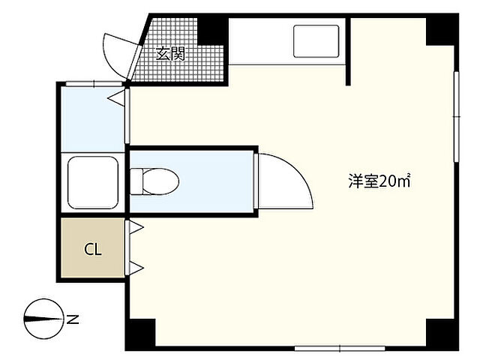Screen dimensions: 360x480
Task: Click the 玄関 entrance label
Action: click(170, 53)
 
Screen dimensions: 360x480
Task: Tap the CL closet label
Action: click(93, 249)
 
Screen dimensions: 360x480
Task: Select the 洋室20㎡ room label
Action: click(377, 181)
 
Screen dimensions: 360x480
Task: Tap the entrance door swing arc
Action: click(117, 51)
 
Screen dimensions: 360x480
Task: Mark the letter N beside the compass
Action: click(73, 319)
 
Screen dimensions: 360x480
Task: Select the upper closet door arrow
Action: click(136, 227)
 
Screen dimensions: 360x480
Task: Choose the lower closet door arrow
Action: click(136, 266)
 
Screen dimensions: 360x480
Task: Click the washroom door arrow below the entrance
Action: click(116, 97)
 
